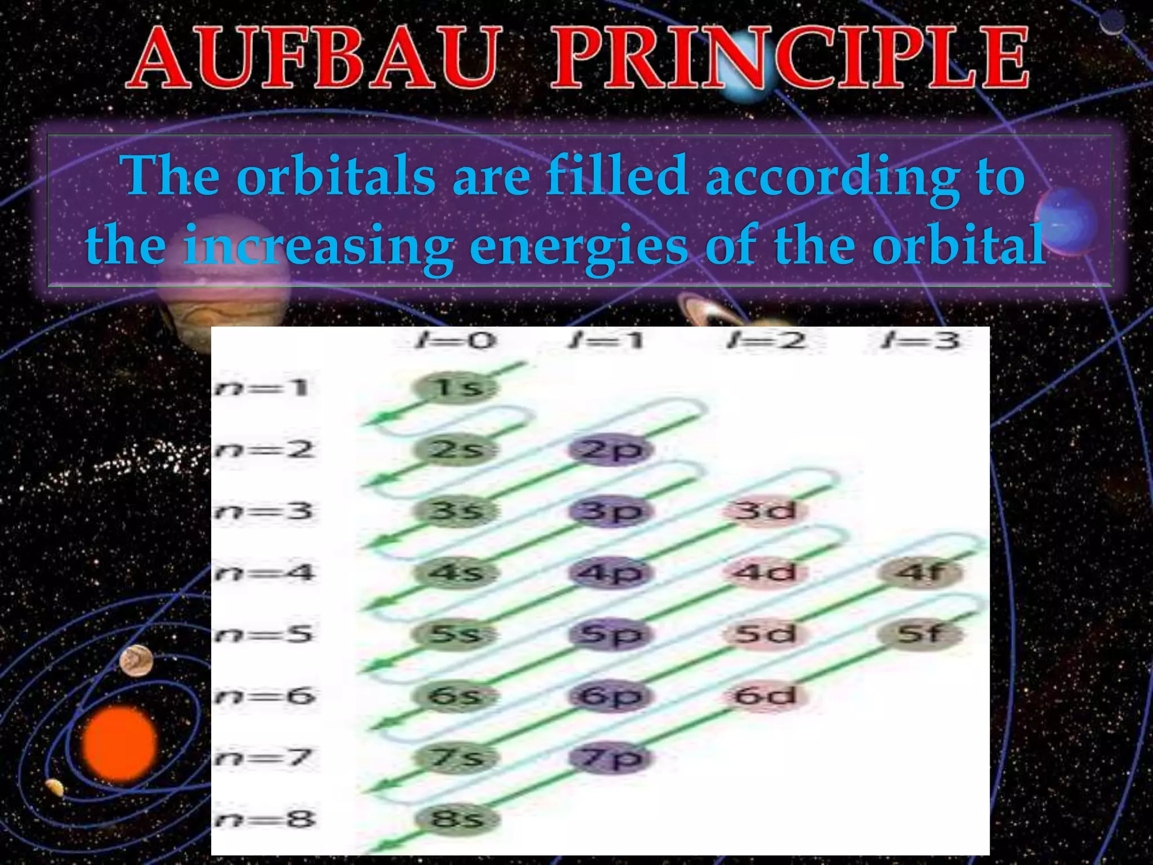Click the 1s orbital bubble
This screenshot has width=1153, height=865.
[456, 387]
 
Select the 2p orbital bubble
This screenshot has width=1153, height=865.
[611, 449]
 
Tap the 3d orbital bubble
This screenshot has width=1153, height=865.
[766, 511]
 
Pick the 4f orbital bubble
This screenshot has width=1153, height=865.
[921, 573]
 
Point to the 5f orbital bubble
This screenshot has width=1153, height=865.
[921, 635]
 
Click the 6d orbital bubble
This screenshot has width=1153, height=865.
[766, 696]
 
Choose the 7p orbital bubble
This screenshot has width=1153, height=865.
[611, 757]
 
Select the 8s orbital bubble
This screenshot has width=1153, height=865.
[456, 819]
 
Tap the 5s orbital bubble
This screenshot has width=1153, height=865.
[456, 635]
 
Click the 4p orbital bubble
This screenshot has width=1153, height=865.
[611, 573]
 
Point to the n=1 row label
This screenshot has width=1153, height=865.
[262, 387]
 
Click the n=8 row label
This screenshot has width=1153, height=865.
[263, 819]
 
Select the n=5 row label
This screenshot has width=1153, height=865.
[263, 635]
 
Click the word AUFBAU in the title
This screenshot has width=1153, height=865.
[313, 59]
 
